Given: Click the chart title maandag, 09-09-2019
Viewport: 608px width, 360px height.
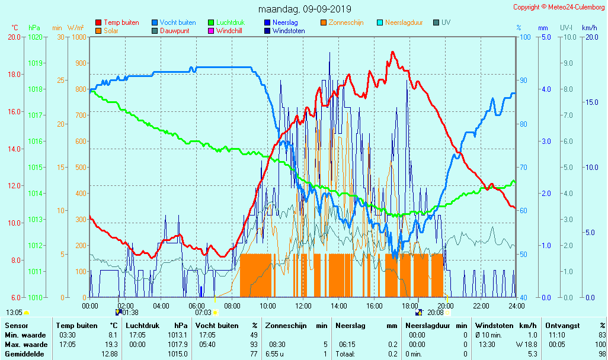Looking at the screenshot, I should coord(305,9).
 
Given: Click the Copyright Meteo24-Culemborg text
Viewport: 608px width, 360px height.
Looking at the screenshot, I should coord(559,7).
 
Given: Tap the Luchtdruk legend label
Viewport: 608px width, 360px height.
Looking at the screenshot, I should coord(234,22).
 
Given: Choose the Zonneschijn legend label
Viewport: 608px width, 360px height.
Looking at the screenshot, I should coord(346,22).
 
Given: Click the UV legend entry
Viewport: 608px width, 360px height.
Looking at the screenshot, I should coord(446,22).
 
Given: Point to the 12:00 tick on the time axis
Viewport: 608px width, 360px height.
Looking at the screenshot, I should coord(303,306).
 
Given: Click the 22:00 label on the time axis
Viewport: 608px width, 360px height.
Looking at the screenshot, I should coord(481,306).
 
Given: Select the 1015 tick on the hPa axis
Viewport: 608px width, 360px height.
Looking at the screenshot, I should coord(35,168).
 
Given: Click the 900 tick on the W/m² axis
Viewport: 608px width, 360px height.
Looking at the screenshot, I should coord(79,63).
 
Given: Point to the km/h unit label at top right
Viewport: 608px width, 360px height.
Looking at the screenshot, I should coord(590,28).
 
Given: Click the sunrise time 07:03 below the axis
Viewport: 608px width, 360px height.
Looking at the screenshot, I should coord(203,313).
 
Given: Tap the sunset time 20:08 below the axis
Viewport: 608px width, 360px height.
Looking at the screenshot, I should coord(436,313).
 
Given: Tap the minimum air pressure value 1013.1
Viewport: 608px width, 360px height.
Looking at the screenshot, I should coord(177,335).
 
